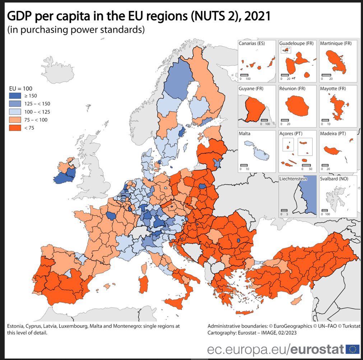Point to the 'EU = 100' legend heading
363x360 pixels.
click(21, 88)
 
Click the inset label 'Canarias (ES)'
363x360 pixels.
click(252, 43)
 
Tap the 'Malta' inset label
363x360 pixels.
click(245, 134)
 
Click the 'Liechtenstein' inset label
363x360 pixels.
click(293, 179)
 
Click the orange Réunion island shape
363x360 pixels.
click(297, 106)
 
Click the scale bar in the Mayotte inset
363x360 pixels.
click(326, 120)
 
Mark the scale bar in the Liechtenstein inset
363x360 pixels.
click(285, 210)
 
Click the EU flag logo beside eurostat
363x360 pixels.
click(353, 349)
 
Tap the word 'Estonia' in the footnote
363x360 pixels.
click(15, 326)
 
